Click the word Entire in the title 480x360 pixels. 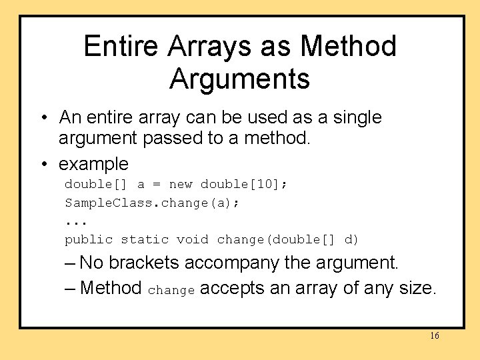pos(122,47)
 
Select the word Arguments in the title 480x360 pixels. pos(240,79)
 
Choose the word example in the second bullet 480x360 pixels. pos(93,163)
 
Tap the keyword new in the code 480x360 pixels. pos(181,184)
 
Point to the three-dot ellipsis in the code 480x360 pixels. pos(77,221)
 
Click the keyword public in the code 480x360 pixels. pos(89,239)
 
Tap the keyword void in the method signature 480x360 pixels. pos(193,239)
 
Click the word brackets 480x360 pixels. pos(144,263)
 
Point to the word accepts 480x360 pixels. pos(231,289)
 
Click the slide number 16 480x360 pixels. pos(434,336)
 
